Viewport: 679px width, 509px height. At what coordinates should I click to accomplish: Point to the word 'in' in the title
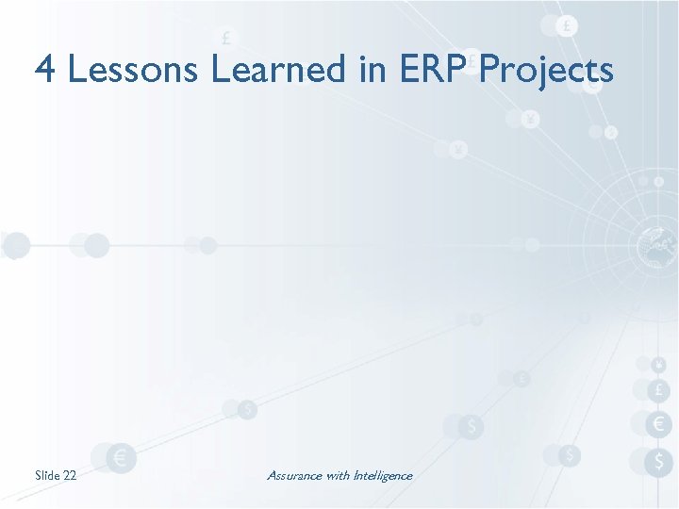tap(370, 69)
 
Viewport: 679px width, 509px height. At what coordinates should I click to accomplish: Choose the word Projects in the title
tap(547, 71)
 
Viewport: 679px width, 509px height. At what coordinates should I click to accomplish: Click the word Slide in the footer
tap(47, 475)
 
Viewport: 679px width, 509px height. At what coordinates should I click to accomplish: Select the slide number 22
tap(70, 475)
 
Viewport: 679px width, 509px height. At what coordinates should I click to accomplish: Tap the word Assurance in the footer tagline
tap(294, 475)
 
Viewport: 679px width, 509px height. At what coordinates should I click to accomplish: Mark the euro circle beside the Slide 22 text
tap(120, 458)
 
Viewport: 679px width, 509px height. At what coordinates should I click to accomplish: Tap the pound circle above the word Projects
tap(566, 26)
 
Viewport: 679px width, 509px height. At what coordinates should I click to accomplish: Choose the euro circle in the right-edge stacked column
tap(659, 425)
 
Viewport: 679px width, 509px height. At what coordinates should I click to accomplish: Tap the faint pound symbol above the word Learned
tap(226, 39)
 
